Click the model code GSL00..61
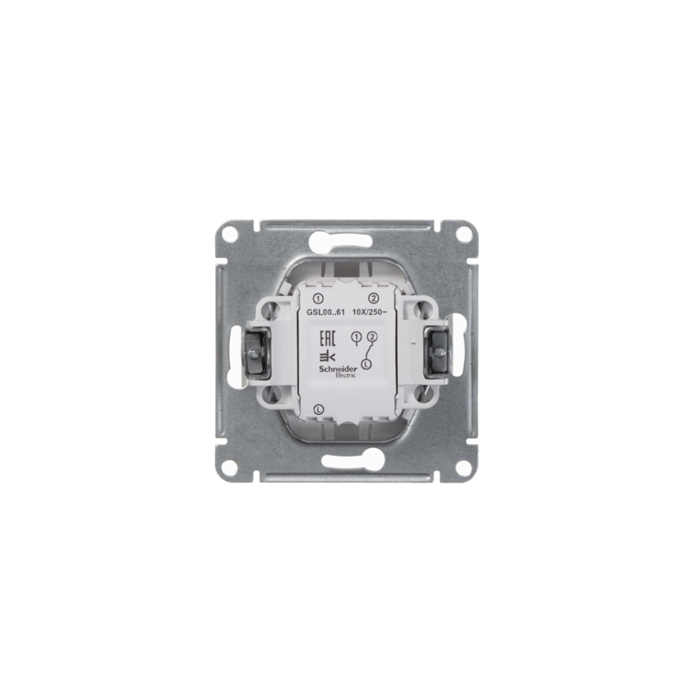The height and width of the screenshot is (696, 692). coord(326,312)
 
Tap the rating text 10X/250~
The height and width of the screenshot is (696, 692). coord(369,312)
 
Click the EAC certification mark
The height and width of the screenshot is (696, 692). coord(327,339)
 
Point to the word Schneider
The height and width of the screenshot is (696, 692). coord(337,369)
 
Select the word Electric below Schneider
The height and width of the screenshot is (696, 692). coord(345,376)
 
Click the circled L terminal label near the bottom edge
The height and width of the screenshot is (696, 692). coord(318,410)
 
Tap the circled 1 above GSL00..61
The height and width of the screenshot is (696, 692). coord(318,298)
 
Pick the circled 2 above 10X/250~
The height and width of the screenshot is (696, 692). coord(374,298)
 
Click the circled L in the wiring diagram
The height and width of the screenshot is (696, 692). coord(366,364)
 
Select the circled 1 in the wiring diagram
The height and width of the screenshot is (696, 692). coord(355,337)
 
